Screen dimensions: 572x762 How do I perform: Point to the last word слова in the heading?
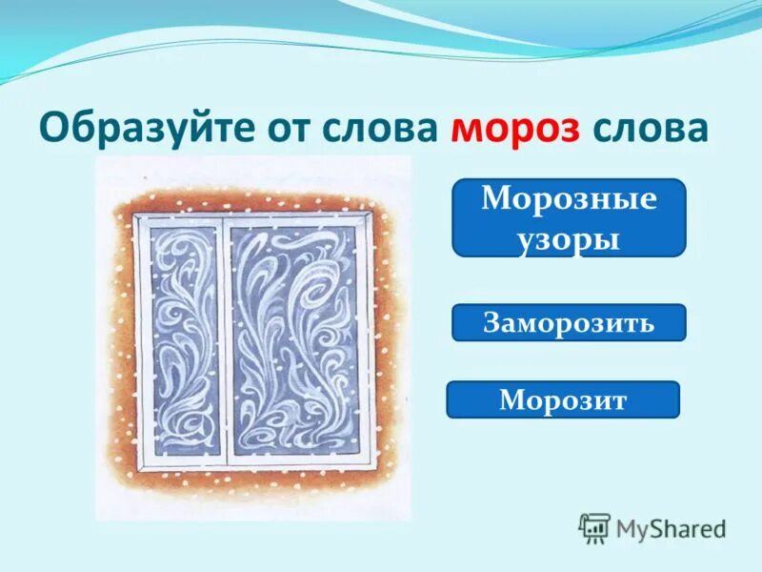[x=647, y=128]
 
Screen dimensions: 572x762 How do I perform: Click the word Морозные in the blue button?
[x=569, y=200]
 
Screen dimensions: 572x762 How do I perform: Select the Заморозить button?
[x=569, y=322]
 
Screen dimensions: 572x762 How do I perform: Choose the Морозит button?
[x=563, y=399]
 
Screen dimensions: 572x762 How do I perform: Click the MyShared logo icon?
[x=594, y=527]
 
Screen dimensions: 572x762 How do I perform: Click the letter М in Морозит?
[x=509, y=400]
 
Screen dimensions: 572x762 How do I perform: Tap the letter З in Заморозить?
[x=491, y=322]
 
